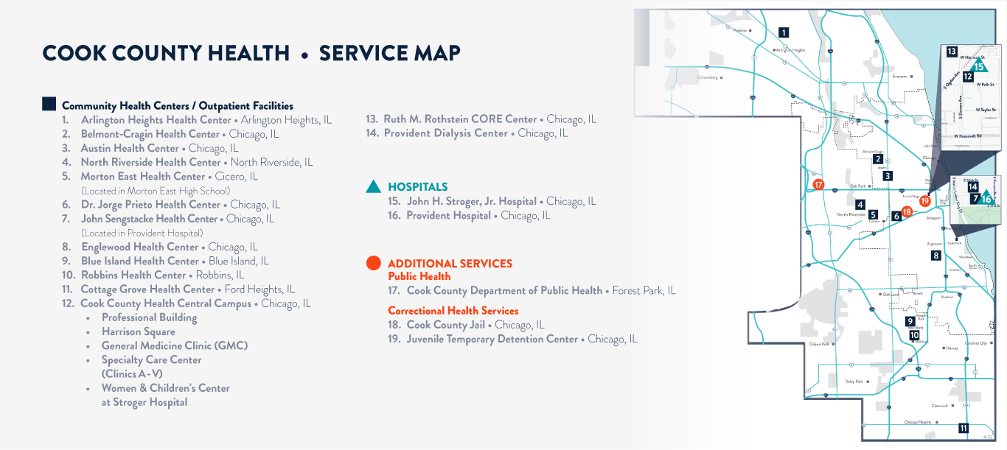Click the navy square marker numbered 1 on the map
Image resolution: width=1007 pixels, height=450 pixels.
[784, 32]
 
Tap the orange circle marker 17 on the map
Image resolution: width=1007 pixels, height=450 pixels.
[818, 185]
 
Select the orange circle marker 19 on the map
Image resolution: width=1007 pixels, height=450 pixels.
[925, 200]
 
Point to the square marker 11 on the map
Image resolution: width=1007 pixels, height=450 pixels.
[963, 428]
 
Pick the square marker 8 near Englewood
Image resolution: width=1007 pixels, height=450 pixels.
[936, 256]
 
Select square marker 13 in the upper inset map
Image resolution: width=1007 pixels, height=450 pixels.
[952, 52]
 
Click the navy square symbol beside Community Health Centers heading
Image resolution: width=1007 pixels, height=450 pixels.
[49, 105]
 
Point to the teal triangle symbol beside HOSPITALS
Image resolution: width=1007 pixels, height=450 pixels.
[374, 187]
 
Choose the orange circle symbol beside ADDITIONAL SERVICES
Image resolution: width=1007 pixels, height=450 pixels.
[374, 263]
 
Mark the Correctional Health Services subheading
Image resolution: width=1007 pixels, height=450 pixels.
[453, 311]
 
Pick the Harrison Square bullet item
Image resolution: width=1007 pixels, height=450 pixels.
[138, 331]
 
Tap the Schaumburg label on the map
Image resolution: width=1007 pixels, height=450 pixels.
[708, 77]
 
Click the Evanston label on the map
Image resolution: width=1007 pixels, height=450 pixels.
[899, 76]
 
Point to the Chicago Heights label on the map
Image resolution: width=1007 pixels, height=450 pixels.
[918, 422]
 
